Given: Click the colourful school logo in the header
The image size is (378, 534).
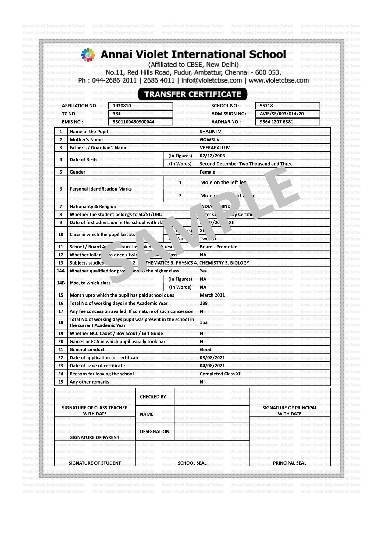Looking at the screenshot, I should point(88,55).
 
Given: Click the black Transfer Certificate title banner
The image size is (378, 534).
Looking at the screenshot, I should point(192,94).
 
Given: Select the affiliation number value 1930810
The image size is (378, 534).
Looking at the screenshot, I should point(122,106).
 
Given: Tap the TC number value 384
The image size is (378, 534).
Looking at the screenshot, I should point(117,114).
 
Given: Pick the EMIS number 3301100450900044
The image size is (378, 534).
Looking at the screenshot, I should point(134,122).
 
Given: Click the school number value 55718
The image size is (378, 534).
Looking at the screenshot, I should point(266,106).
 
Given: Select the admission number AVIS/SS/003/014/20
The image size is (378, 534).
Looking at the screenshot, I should point(282,114).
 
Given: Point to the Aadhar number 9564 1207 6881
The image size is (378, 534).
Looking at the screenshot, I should point(276,122).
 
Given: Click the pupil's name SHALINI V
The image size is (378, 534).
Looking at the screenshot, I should point(210,132).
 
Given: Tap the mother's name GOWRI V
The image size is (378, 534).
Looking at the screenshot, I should point(209,140).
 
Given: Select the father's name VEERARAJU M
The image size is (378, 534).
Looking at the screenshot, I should point(215,148).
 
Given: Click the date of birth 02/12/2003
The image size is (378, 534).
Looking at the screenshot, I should point(212,156).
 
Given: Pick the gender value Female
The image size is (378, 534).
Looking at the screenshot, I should point(207,172).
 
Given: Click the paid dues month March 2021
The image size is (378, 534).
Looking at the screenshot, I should point(212,295).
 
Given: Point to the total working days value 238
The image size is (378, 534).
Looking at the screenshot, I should point(204,303).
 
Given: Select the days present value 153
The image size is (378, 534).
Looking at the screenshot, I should point(204,322).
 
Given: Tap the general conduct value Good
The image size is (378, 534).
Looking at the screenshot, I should point(205,350).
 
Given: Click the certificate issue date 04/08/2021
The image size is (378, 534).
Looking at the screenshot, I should point(212,366).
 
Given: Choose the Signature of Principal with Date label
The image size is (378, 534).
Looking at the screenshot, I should point(289,411).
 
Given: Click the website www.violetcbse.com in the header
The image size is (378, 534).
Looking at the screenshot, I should point(279,80).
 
